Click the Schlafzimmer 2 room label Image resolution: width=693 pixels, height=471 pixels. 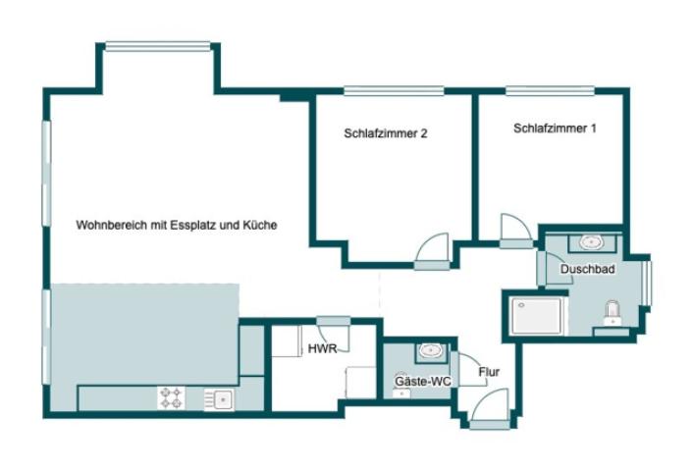(385, 134)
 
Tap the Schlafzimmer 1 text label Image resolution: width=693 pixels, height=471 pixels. (554, 129)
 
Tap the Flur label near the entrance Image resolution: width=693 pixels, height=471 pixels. (488, 372)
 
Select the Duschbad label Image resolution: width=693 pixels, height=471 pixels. (587, 268)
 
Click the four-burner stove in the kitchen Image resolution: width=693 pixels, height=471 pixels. (171, 397)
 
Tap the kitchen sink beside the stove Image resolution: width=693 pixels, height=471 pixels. (219, 397)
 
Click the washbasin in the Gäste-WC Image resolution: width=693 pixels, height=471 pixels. (429, 349)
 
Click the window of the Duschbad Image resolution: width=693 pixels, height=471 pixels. (647, 282)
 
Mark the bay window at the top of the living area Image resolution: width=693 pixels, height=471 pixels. (158, 45)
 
